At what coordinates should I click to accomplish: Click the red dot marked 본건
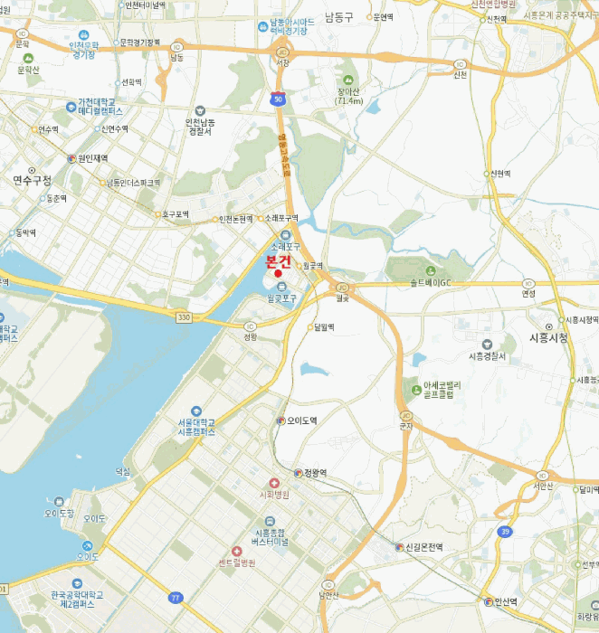278,273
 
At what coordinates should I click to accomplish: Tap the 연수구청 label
33,180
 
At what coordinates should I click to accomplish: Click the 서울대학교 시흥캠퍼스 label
196,428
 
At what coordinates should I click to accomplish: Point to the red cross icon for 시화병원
274,483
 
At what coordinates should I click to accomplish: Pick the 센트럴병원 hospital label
237,562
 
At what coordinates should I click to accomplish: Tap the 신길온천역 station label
423,547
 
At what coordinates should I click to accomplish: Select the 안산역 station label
503,601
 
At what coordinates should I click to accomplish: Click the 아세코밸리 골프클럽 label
442,390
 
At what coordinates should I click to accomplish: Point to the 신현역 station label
500,174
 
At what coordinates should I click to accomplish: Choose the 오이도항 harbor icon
59,501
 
